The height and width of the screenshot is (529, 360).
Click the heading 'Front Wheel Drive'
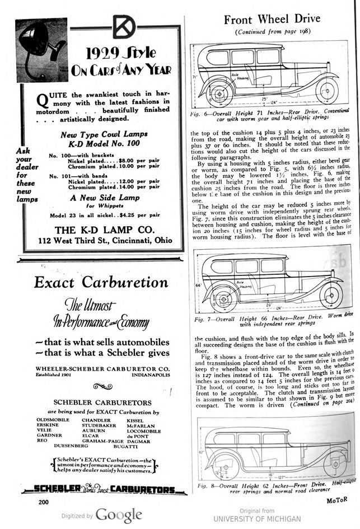click(272, 19)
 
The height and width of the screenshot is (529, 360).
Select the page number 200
click(44, 502)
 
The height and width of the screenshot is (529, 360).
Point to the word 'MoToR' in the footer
click(340, 500)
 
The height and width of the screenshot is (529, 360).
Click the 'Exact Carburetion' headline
click(101, 282)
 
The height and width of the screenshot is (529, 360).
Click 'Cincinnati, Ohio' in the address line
click(138, 241)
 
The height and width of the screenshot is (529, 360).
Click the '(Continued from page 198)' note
click(272, 32)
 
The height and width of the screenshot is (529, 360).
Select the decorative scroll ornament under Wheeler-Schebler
click(102, 386)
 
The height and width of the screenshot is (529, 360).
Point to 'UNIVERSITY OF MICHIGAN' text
click(257, 519)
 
